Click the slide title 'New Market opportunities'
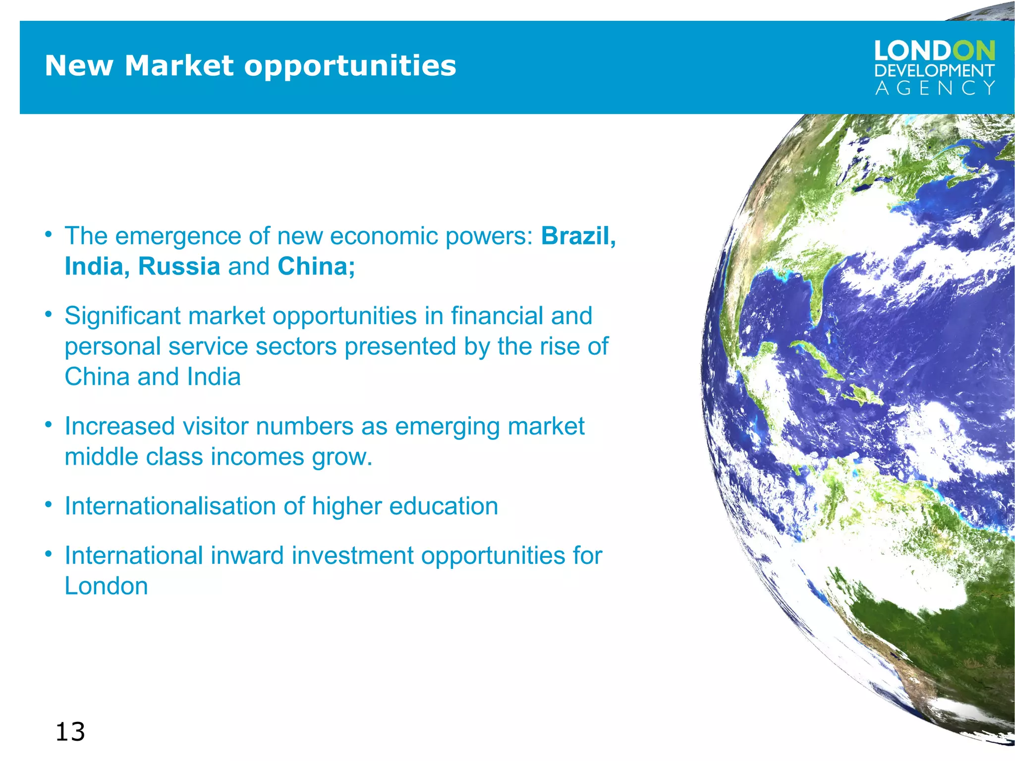point(250,65)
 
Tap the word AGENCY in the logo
point(935,88)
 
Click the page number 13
point(70,732)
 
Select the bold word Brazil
point(578,236)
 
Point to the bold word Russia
point(179,267)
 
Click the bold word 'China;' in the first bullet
point(316,267)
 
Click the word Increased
point(119,427)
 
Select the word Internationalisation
point(170,506)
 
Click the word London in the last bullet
point(106,586)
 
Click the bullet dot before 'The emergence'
point(48,234)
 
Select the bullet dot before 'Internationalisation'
point(48,505)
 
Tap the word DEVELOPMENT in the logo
point(935,71)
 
